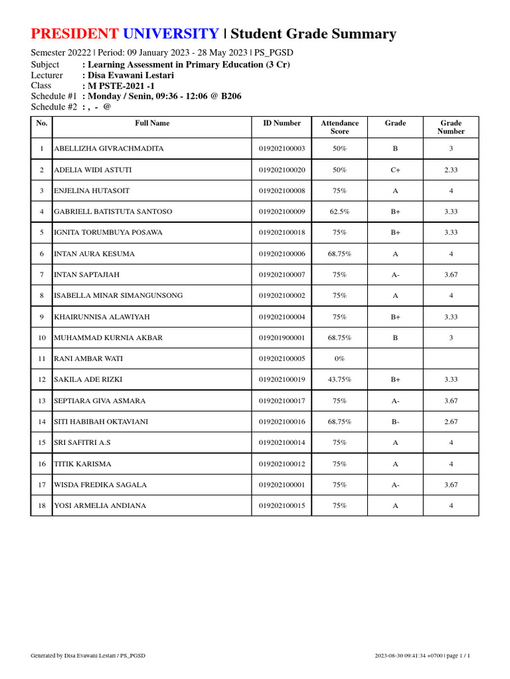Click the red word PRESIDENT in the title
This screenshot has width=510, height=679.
click(x=75, y=34)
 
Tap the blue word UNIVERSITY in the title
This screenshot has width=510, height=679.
click(x=171, y=34)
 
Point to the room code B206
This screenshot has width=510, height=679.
click(x=231, y=96)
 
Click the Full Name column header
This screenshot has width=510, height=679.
click(x=152, y=123)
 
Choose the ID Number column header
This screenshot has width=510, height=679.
click(x=282, y=123)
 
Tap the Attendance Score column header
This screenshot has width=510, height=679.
click(x=339, y=127)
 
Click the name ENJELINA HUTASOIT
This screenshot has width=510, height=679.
click(x=92, y=191)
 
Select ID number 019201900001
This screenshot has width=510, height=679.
click(x=282, y=338)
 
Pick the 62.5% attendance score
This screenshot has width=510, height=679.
click(x=339, y=212)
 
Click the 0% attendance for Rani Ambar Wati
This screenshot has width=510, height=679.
click(x=339, y=359)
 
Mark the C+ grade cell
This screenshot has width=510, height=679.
click(x=395, y=170)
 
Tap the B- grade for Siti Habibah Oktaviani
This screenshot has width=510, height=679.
click(x=395, y=422)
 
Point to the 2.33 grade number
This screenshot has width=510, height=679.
click(x=451, y=170)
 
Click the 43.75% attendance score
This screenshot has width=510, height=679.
click(x=339, y=380)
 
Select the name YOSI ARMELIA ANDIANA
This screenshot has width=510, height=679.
click(x=100, y=506)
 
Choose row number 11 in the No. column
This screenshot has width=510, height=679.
click(x=42, y=359)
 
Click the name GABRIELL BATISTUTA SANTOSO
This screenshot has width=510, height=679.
click(x=113, y=212)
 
